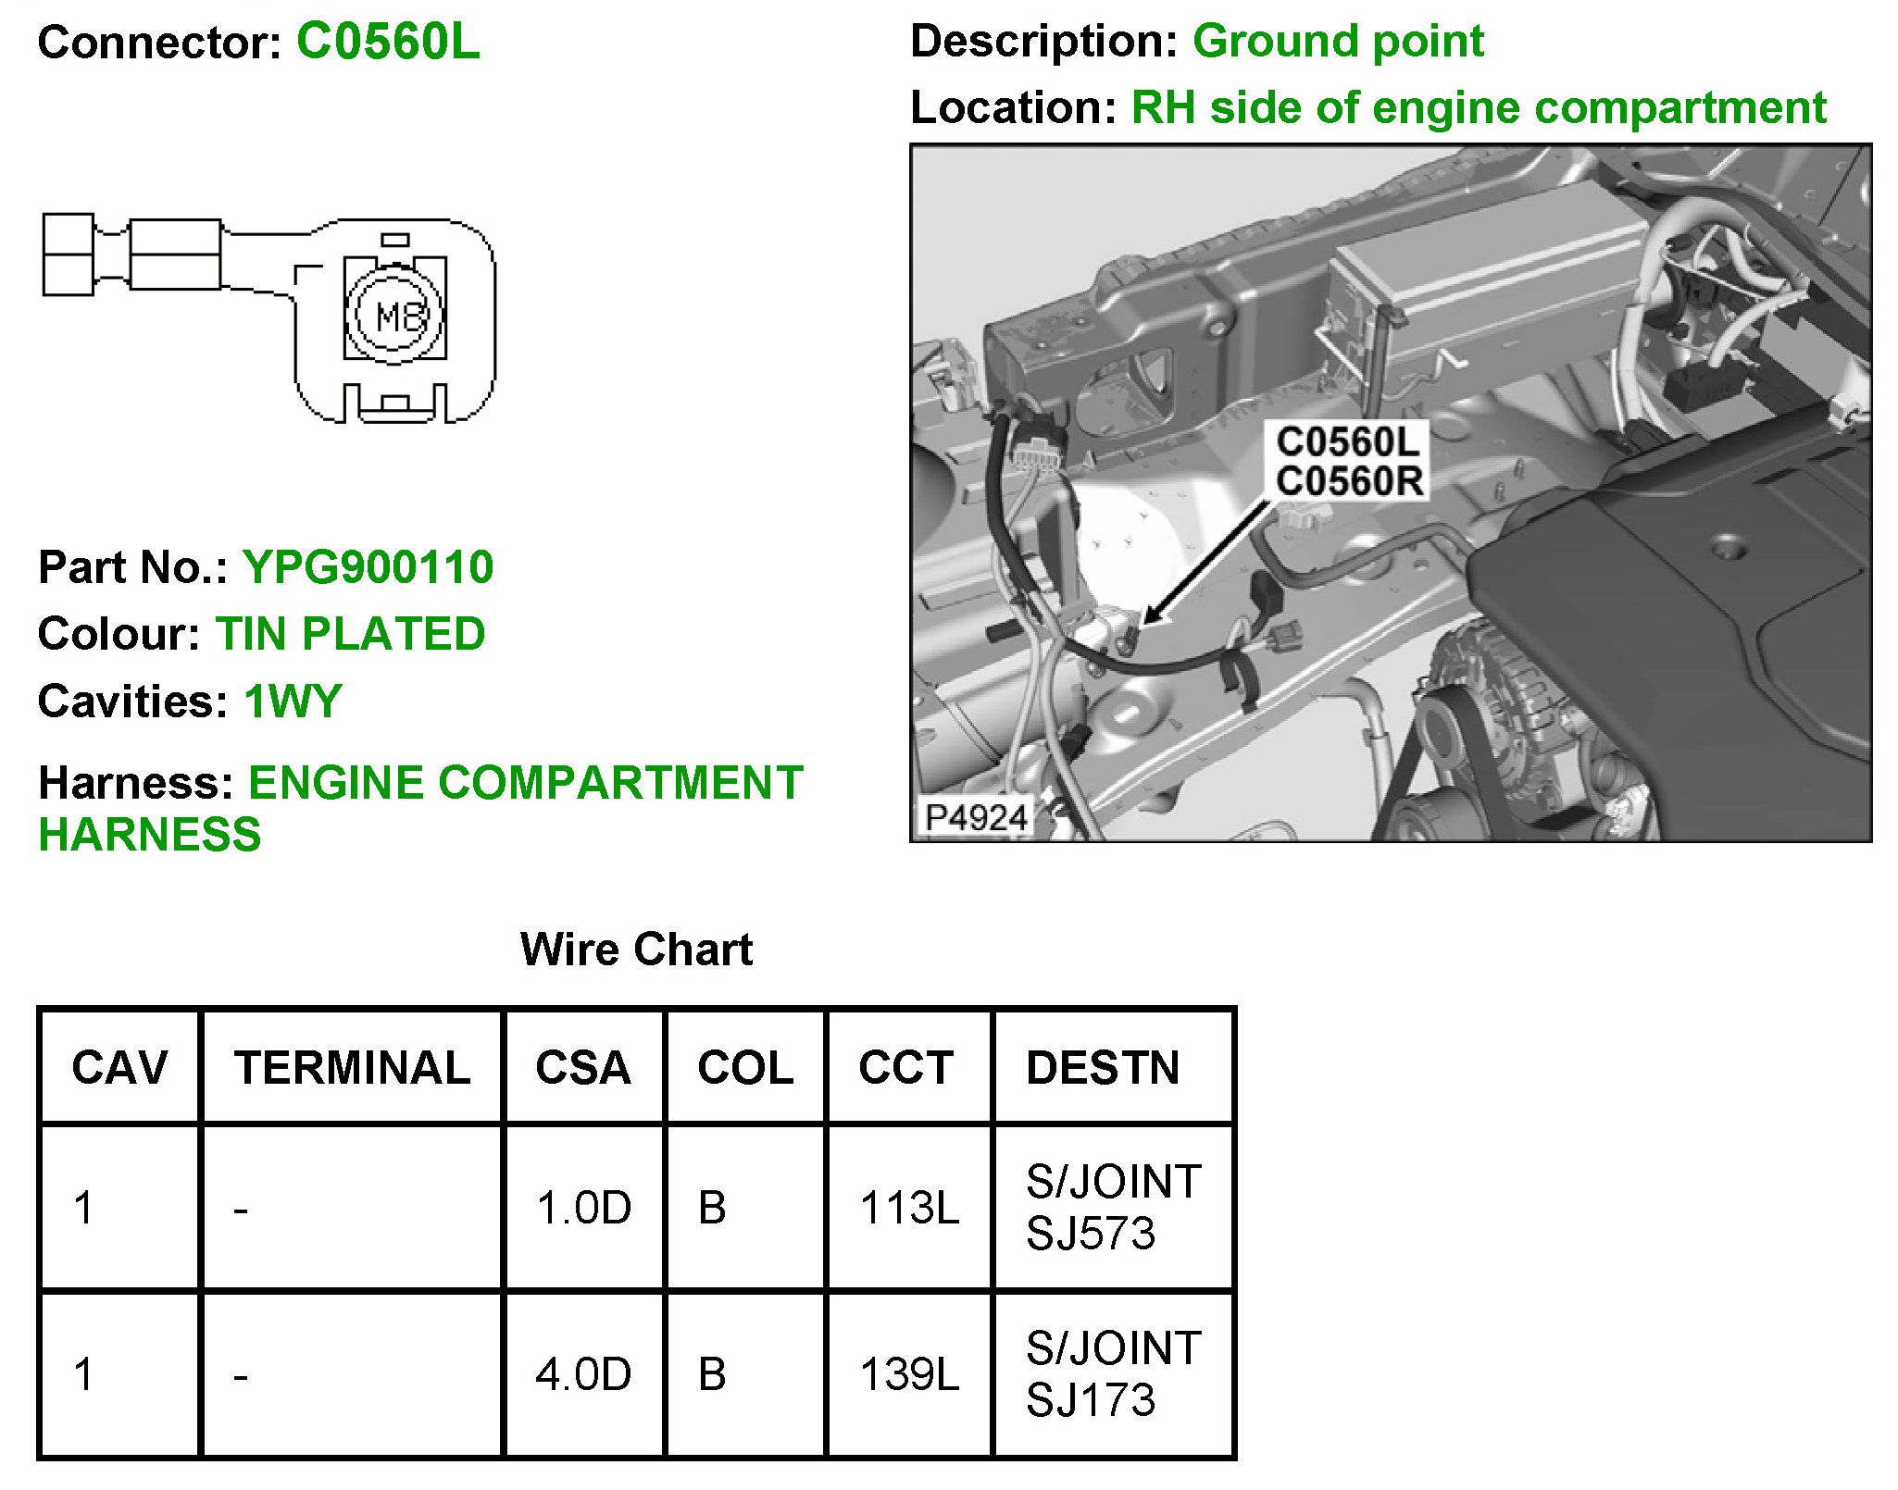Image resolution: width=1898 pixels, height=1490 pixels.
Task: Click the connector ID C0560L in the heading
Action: [x=388, y=43]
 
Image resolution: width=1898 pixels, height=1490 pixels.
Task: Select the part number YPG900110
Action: [x=368, y=567]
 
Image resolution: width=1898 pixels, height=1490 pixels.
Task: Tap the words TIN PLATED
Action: [x=350, y=635]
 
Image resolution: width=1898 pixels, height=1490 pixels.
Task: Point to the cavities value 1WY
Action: [x=293, y=702]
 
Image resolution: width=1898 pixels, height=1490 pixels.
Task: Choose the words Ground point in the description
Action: [x=1338, y=42]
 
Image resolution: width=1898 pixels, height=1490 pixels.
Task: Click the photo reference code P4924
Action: [x=976, y=818]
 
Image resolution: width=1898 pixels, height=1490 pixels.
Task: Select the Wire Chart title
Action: [x=636, y=950]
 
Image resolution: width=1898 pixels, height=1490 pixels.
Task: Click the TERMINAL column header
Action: [x=352, y=1068]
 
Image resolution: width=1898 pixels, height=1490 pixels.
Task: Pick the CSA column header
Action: [x=583, y=1068]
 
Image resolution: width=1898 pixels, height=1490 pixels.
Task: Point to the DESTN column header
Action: [x=1103, y=1068]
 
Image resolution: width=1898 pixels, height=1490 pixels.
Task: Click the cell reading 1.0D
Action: [x=583, y=1208]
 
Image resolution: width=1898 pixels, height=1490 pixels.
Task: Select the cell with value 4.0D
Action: [x=583, y=1374]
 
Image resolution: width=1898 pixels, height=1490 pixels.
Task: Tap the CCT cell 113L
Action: [x=909, y=1208]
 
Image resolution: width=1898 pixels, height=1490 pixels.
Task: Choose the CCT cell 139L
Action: [x=909, y=1374]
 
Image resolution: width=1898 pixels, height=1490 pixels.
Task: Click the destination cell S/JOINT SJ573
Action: [x=1113, y=1208]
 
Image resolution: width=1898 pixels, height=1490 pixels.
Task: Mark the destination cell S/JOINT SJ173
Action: [x=1113, y=1374]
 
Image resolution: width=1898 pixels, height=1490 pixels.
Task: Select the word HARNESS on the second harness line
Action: [x=150, y=835]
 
